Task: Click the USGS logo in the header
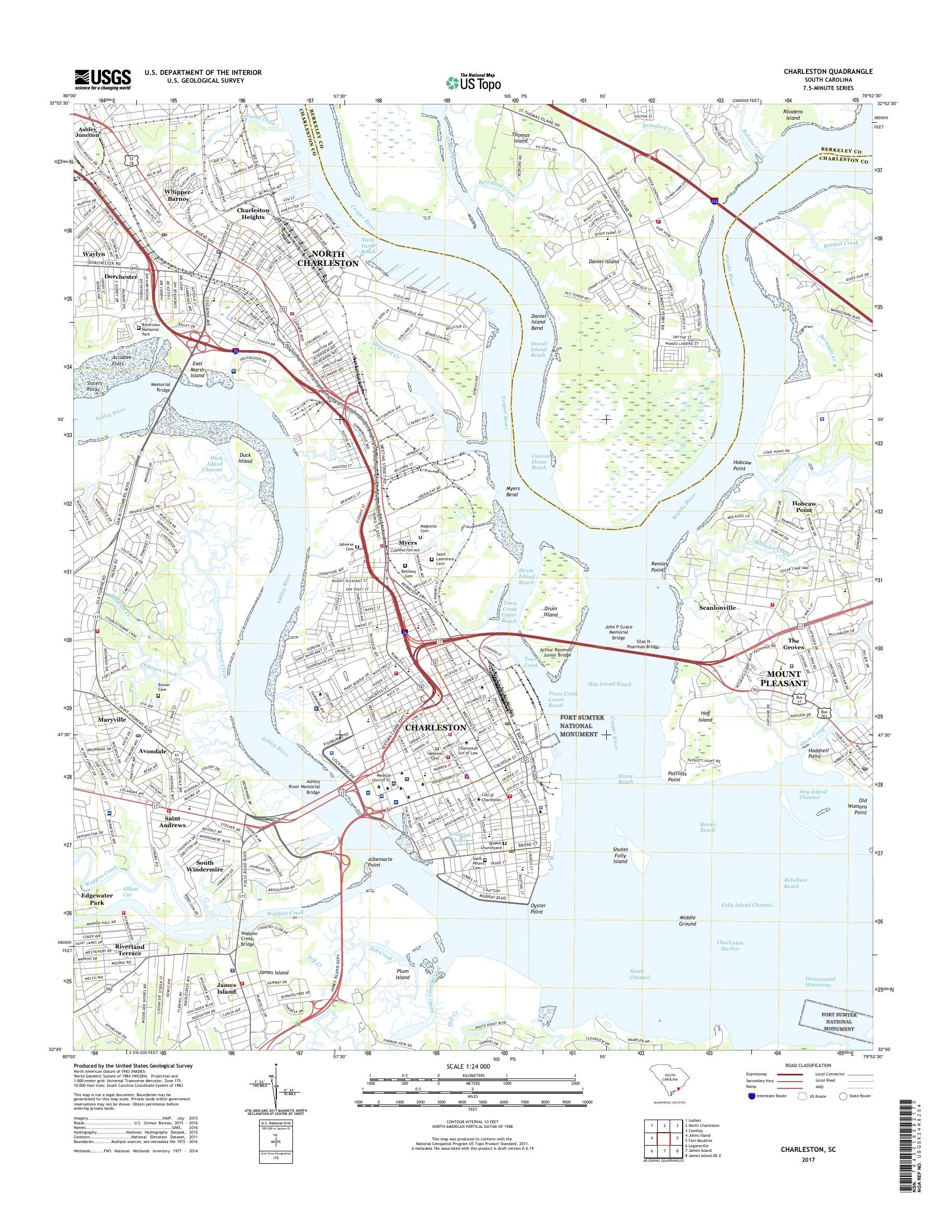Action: [x=103, y=79]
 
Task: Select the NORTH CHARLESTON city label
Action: [x=328, y=259]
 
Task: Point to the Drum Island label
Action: [x=551, y=611]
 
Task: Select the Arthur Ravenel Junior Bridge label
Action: [x=563, y=652]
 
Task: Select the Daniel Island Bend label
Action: [x=539, y=322]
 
